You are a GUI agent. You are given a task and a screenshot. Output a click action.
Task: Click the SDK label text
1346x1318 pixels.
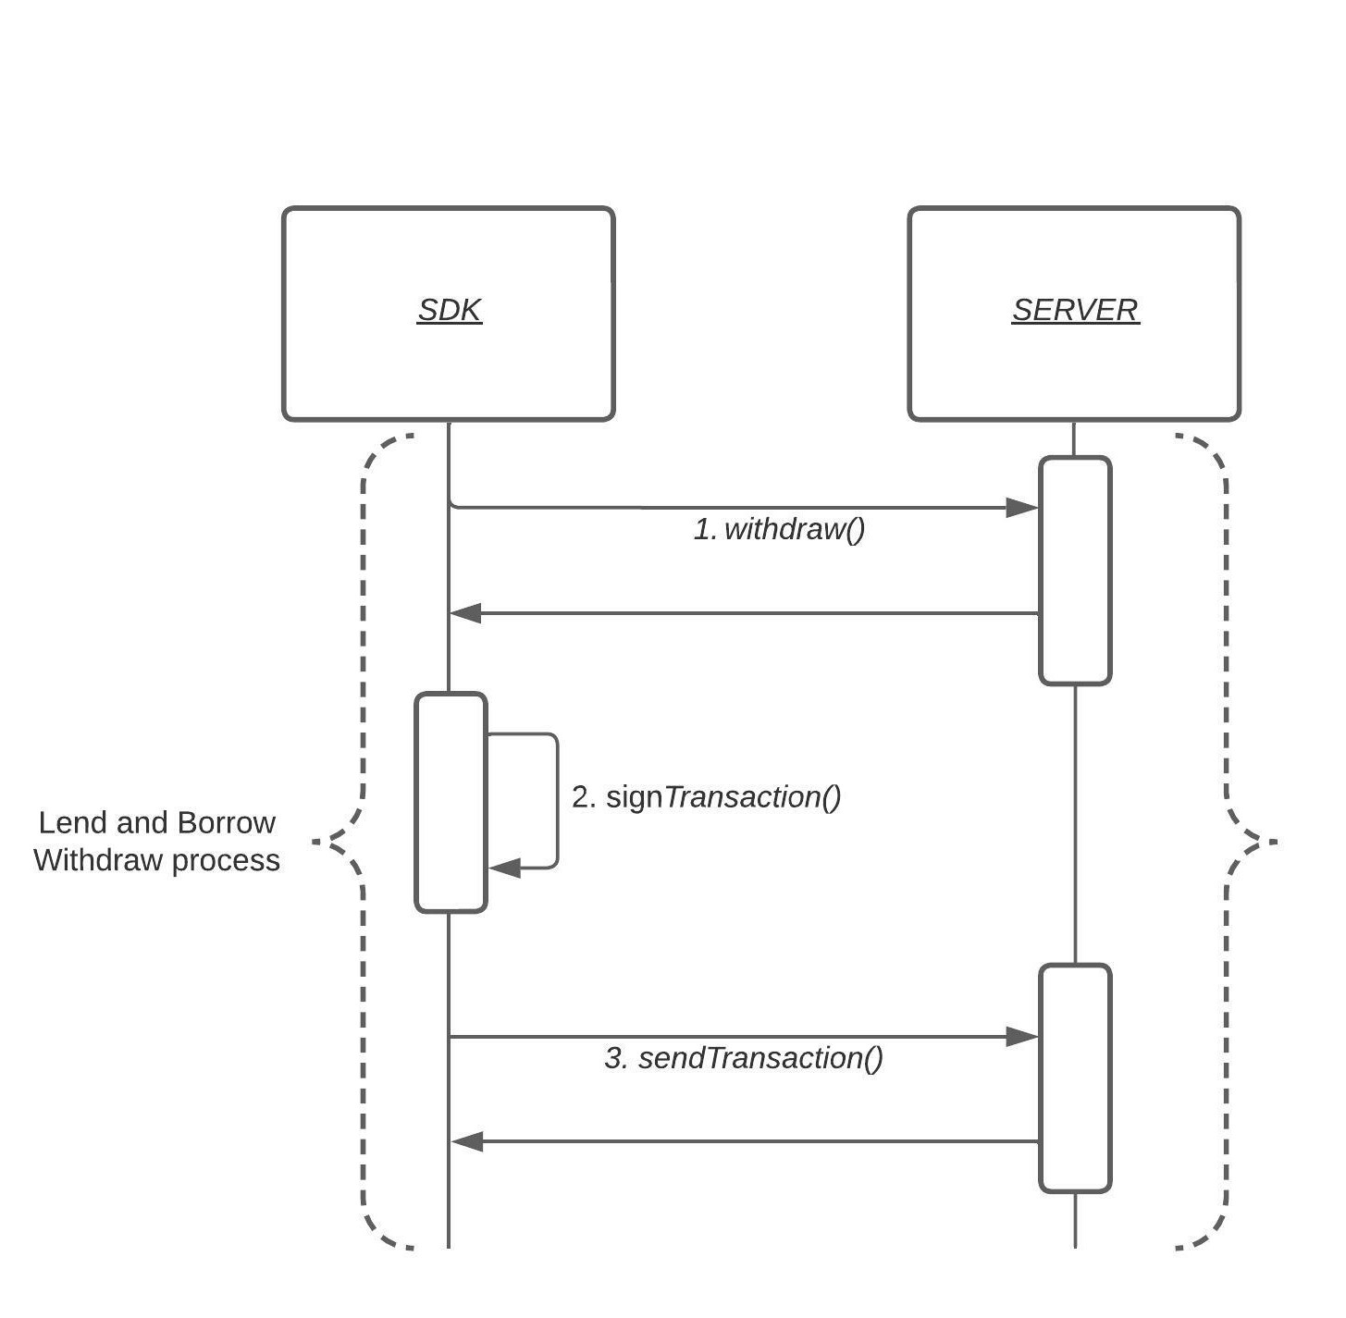point(450,310)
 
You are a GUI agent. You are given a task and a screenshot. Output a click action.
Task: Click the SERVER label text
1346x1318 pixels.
point(1075,310)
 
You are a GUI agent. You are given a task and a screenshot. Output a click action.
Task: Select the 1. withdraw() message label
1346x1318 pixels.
point(779,530)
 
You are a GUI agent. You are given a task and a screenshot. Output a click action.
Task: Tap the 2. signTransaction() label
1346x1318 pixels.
point(706,797)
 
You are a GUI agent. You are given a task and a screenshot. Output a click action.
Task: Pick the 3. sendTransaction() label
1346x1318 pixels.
point(744,1058)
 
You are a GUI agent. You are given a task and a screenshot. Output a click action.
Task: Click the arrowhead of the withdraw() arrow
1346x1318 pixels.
point(1023,508)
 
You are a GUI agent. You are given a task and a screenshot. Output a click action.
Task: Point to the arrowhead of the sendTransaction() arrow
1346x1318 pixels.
point(1023,1037)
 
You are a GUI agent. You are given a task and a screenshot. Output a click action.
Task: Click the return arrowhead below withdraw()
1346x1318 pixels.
point(465,613)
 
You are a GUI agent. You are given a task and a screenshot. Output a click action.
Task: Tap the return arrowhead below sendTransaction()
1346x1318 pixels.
point(467,1142)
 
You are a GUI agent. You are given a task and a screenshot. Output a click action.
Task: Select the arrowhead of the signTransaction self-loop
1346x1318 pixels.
point(504,868)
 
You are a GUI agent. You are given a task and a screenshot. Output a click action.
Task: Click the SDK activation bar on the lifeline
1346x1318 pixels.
point(451,802)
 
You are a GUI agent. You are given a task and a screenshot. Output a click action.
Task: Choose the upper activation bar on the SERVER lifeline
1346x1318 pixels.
point(1075,571)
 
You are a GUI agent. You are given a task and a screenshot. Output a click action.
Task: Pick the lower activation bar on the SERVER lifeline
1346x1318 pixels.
point(1075,1078)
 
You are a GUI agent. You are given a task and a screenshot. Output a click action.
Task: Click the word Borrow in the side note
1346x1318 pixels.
point(226,823)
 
